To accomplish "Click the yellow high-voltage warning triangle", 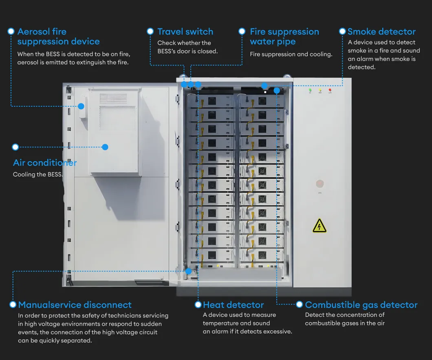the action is coord(320,226).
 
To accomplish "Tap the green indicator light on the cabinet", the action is coord(310,90).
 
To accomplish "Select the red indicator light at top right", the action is coord(330,90).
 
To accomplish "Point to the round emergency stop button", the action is coord(320,184).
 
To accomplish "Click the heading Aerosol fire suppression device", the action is coord(58,36).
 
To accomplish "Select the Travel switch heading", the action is coord(185,32).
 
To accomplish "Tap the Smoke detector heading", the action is coord(381,32).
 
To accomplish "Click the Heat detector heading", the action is coord(234,305).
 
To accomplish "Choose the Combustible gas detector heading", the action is coord(361,305).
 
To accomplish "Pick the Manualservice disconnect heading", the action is coord(75,305).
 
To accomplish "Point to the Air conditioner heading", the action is coord(45,162).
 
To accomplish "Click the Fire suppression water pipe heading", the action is coord(284,36).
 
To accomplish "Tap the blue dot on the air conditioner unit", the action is coord(105,147).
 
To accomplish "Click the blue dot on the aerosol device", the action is coord(81,106).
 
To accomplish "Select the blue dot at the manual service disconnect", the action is coord(188,271).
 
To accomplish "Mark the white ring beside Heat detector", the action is coord(198,305).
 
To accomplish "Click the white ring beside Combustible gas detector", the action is coord(299,304).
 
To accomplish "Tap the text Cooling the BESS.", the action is coord(38,174).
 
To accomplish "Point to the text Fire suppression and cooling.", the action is coord(291,54).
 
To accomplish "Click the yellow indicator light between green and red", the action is coord(320,90).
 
